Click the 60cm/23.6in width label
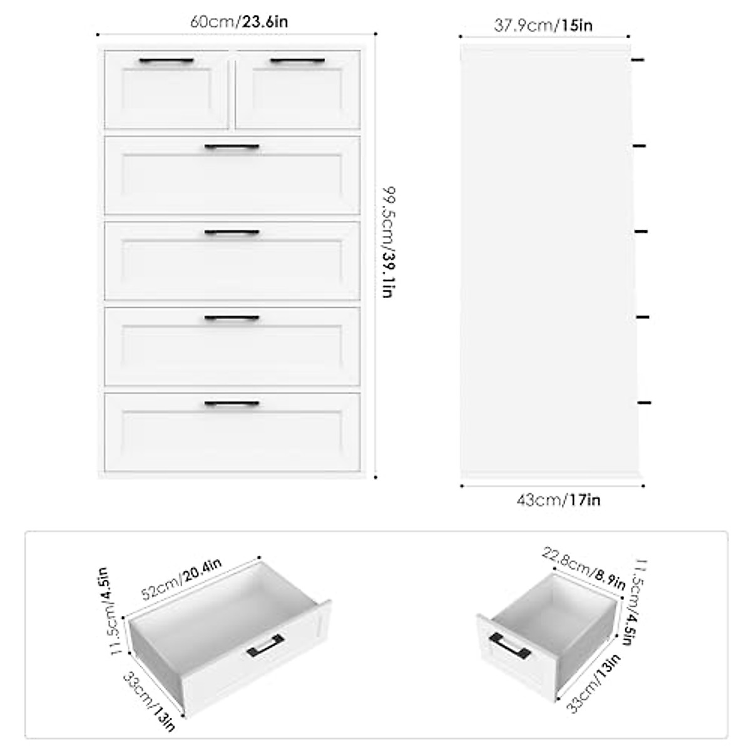tap(238, 22)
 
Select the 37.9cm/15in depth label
tap(543, 25)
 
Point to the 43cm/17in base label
tap(558, 500)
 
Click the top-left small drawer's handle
tap(166, 61)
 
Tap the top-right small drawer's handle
tap(297, 61)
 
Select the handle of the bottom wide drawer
tap(232, 404)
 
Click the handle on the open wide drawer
tap(265, 645)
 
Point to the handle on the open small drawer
tap(510, 646)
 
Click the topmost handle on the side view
tap(638, 60)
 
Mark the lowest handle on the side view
tap(644, 402)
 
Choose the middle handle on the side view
tap(641, 232)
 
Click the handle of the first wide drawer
tap(232, 147)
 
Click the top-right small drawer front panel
tap(298, 94)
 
